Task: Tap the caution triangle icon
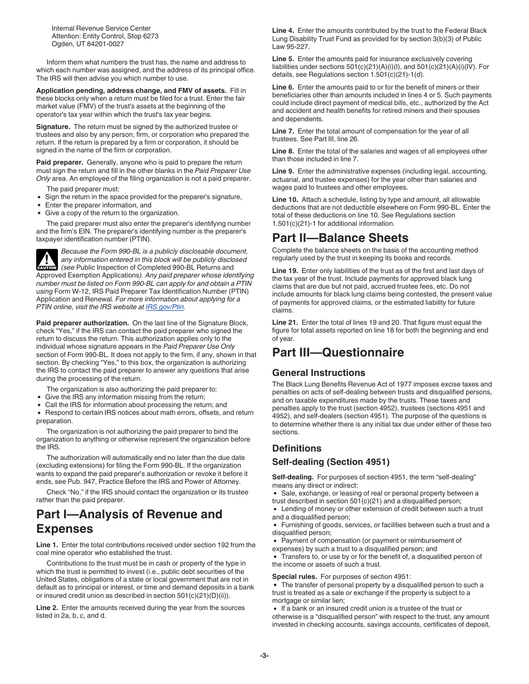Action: pyautogui.click(x=47, y=260)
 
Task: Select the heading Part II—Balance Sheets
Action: pyautogui.click(x=340, y=238)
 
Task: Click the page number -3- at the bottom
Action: pyautogui.click(x=264, y=656)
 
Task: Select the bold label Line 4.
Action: pyautogui.click(x=283, y=31)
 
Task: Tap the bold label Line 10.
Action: pyautogui.click(x=285, y=200)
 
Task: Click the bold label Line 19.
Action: pyautogui.click(x=285, y=271)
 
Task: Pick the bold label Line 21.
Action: pyautogui.click(x=285, y=323)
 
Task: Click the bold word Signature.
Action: pyautogui.click(x=53, y=127)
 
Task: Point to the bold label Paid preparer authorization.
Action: pyautogui.click(x=82, y=323)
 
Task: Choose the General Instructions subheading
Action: pyautogui.click(x=319, y=373)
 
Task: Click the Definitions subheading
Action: pyautogui.click(x=296, y=448)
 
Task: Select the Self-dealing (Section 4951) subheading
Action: pyautogui.click(x=331, y=462)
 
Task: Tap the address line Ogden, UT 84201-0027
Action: pyautogui.click(x=87, y=44)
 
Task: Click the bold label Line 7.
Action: pyautogui.click(x=283, y=131)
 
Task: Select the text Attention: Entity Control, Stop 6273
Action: pyautogui.click(x=105, y=36)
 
